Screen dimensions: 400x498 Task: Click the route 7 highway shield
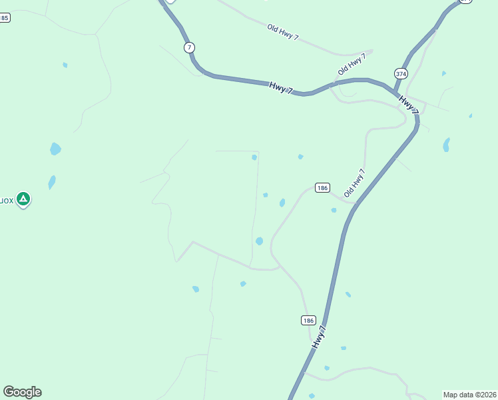(190, 47)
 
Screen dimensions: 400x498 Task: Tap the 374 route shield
(401, 73)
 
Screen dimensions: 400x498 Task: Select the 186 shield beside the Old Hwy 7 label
(322, 188)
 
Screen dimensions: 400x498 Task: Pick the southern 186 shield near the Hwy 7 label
(308, 321)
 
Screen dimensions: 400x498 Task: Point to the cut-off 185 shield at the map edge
(5, 18)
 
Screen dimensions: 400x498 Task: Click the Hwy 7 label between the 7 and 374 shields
(281, 87)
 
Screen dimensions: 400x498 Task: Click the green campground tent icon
(23, 199)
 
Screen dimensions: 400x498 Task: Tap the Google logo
(22, 392)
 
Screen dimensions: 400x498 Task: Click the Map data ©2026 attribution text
(470, 395)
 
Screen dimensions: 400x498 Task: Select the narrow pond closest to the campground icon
(52, 182)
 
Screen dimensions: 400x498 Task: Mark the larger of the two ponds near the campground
(55, 149)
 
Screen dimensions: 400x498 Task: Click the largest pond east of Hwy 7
(446, 145)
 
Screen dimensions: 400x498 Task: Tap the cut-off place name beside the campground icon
(7, 199)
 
